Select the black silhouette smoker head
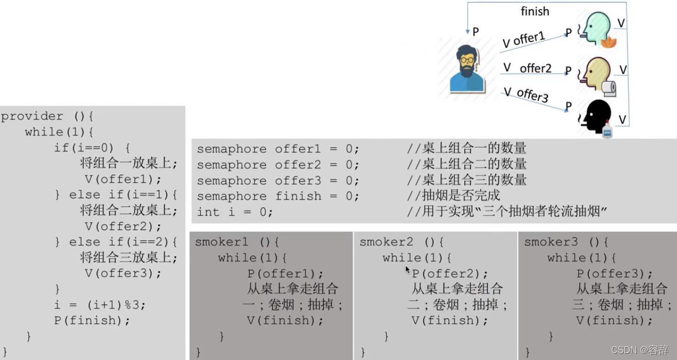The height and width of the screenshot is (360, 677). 595,116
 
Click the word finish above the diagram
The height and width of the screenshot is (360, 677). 535,11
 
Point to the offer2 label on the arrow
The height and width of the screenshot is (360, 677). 535,68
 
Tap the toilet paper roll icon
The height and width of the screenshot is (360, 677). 609,88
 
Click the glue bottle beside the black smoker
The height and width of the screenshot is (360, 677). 607,130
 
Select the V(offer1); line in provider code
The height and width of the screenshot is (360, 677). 123,179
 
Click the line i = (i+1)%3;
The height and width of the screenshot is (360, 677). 100,304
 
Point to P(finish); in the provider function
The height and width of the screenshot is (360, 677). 92,320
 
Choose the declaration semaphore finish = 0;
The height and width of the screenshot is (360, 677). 278,196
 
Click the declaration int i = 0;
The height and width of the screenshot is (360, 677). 234,212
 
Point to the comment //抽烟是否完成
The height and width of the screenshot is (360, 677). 453,196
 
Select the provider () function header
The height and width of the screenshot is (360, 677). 47,116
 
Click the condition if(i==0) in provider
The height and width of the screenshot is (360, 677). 84,148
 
